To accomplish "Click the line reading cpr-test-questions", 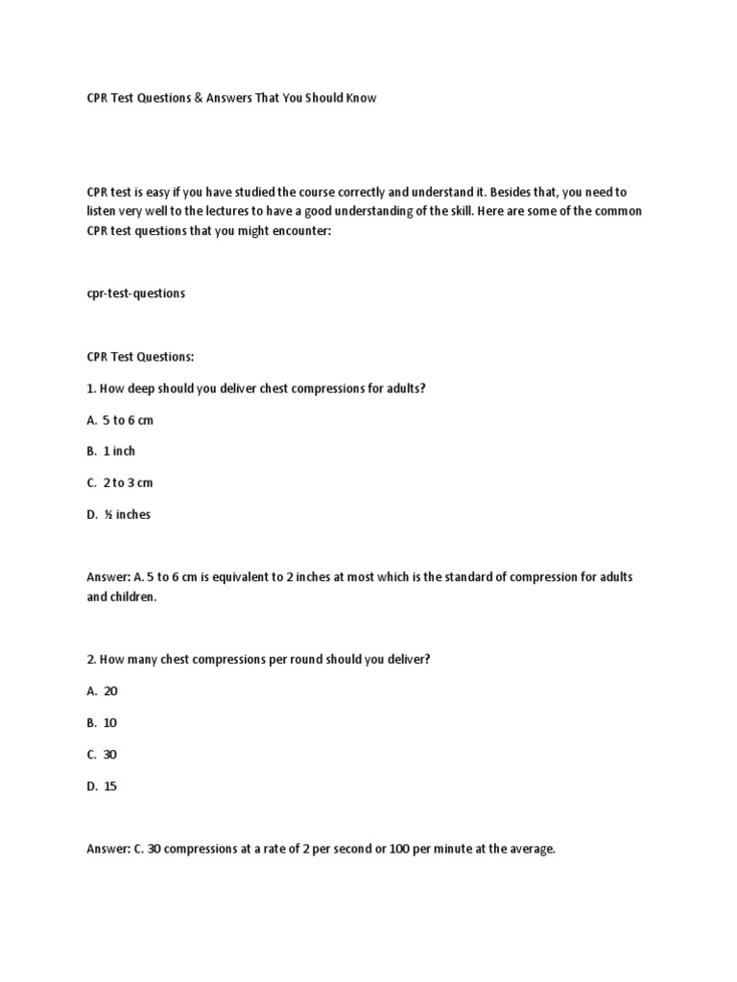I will [x=135, y=293].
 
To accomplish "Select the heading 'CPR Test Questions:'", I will [x=140, y=357].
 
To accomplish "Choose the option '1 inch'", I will [x=119, y=452].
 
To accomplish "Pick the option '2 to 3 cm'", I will [x=128, y=483].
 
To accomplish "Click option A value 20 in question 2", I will [x=110, y=690].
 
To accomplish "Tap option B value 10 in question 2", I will [x=110, y=722].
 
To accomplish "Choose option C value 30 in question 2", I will [x=110, y=755].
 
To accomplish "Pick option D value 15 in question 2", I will [x=110, y=786].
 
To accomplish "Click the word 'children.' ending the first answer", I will [x=133, y=596].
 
